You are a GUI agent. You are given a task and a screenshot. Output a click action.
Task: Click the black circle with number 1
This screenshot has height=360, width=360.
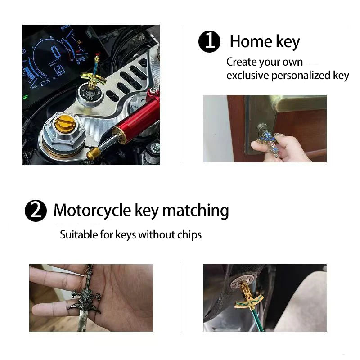[209, 42]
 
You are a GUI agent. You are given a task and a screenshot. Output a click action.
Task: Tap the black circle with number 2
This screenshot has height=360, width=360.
[36, 211]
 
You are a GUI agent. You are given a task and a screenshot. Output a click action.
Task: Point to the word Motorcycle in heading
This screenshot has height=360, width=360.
[92, 210]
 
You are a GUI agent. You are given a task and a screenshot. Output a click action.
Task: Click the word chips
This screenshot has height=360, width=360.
[189, 234]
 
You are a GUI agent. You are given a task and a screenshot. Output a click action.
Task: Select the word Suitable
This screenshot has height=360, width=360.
[77, 234]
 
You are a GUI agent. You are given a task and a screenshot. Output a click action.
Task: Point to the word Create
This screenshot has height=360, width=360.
[242, 62]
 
